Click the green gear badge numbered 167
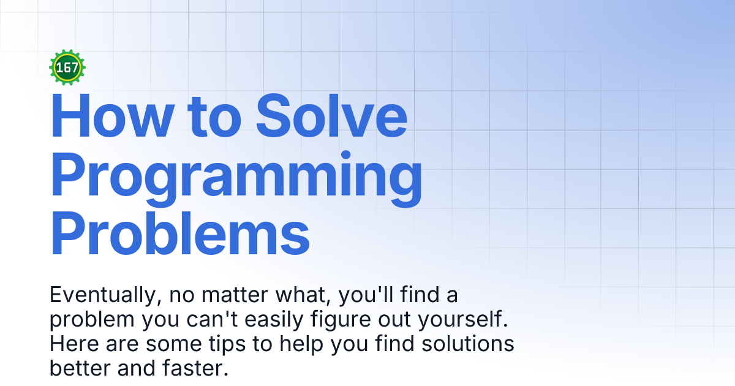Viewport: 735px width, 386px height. point(67,67)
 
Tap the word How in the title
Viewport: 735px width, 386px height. point(112,116)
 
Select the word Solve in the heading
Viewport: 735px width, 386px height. point(331,116)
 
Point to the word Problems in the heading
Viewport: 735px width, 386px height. point(180,233)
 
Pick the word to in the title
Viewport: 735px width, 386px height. point(214,117)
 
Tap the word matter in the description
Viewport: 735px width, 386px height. point(235,295)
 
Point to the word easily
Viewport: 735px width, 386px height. point(274,320)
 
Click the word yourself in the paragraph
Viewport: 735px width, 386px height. point(459,319)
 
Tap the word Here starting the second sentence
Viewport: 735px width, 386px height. point(74,344)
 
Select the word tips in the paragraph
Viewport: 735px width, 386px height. point(227,344)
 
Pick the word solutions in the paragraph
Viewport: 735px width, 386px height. point(467,344)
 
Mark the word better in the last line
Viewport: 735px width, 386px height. point(80,368)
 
